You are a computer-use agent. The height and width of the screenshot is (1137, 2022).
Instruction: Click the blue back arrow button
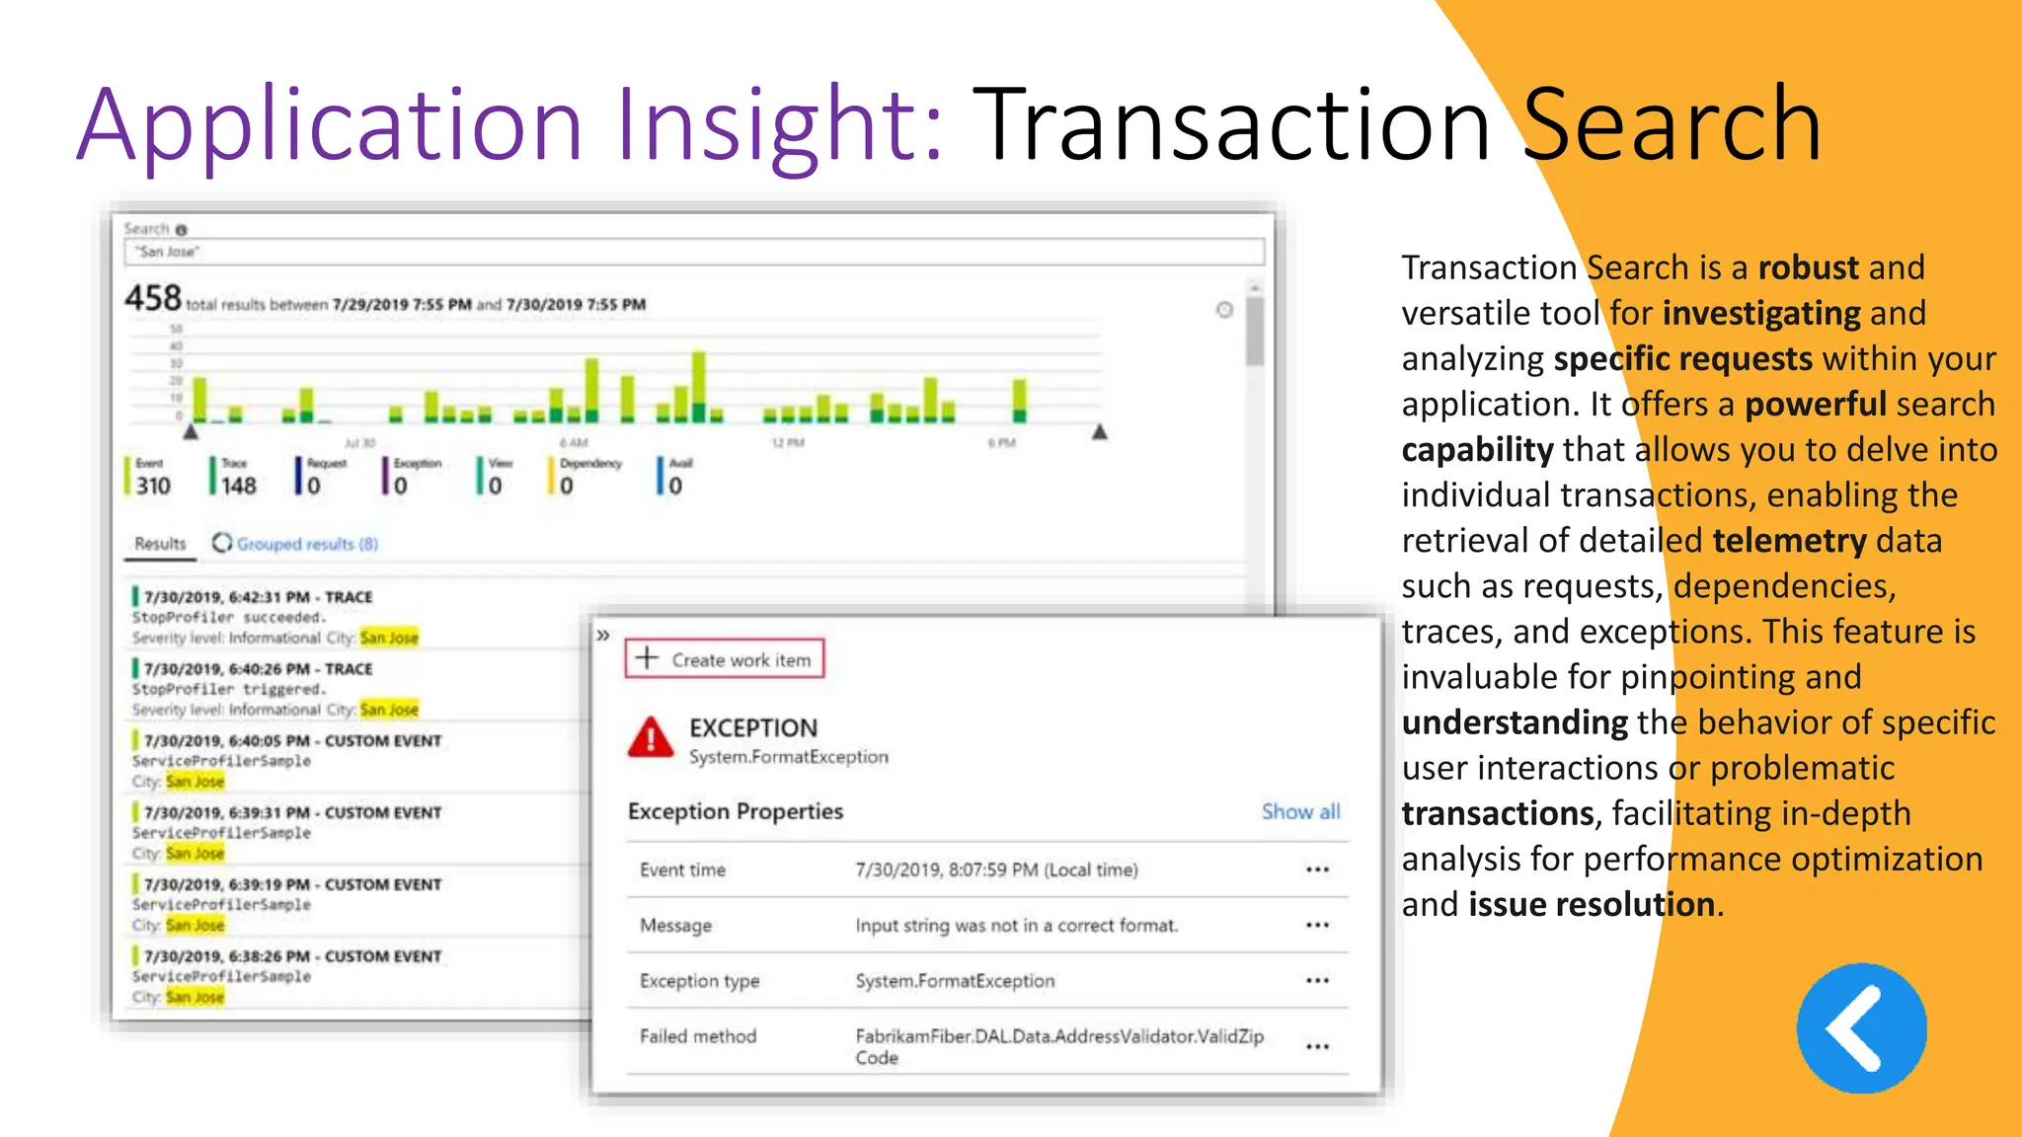tap(1861, 1028)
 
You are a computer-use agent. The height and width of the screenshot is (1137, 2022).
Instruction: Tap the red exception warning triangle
tap(651, 737)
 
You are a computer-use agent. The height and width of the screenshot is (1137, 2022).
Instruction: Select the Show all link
tap(1300, 811)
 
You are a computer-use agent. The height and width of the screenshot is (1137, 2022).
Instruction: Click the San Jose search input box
tap(693, 252)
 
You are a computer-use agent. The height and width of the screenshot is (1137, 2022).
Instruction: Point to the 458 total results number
tap(153, 297)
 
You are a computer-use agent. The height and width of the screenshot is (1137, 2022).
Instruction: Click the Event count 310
tap(153, 486)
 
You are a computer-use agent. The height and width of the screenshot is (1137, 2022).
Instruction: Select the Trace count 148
tap(238, 486)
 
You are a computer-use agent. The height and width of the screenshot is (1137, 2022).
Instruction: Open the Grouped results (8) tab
tap(306, 544)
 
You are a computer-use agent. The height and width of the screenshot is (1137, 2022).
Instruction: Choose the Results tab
tap(160, 544)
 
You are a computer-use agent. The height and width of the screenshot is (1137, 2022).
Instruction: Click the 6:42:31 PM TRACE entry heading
tap(258, 597)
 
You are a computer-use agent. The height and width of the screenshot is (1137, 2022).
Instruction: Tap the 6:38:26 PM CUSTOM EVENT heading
tap(292, 956)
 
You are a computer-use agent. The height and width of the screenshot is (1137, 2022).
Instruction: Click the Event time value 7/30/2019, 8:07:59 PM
tap(995, 870)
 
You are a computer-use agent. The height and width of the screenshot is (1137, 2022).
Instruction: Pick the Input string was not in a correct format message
tap(1016, 926)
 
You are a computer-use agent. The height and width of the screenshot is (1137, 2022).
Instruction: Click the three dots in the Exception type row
tap(1317, 981)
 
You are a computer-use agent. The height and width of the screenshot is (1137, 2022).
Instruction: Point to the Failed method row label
tap(698, 1036)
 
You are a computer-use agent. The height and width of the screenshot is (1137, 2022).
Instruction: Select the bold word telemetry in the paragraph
tap(1789, 541)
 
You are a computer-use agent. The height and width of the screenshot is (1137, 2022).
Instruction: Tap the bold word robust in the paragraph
tap(1809, 267)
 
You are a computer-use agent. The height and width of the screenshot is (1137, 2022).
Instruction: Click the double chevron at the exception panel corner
tap(603, 636)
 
